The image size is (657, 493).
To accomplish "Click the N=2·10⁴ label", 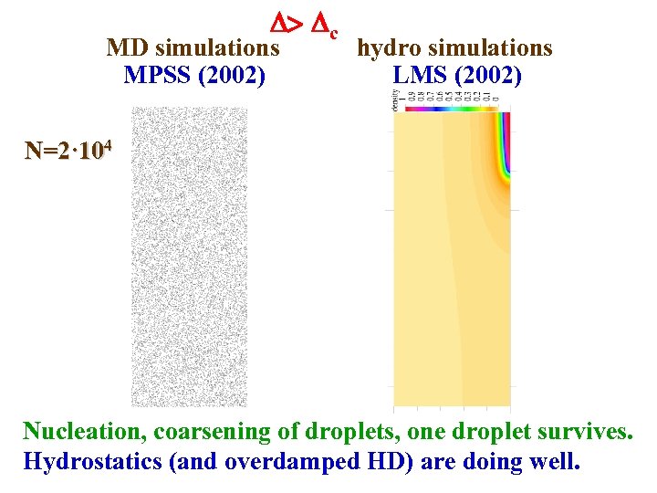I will [68, 150].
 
